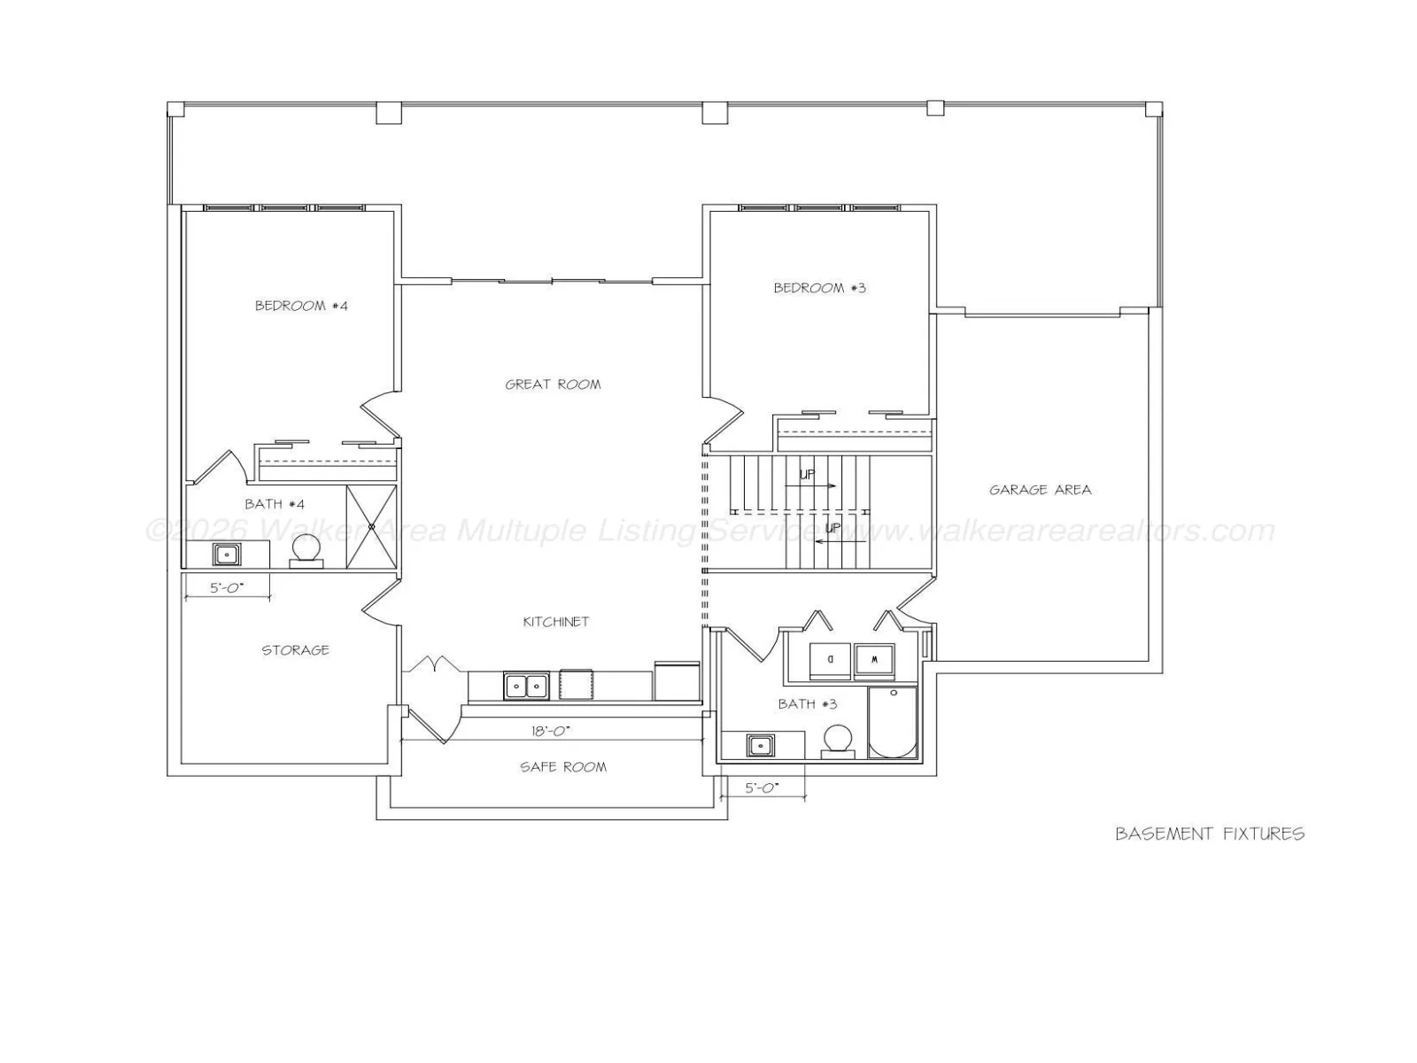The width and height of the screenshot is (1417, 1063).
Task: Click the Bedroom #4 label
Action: [301, 306]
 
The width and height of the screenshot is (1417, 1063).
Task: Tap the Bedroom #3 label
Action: [819, 288]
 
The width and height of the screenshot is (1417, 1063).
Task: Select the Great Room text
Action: [553, 384]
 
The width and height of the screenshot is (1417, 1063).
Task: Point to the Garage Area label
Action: [1040, 490]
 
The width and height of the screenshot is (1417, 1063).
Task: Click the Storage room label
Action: [295, 650]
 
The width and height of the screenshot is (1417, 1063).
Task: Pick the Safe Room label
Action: [563, 767]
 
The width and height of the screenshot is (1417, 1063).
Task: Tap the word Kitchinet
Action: [556, 622]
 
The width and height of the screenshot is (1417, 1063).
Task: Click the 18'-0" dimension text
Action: [551, 731]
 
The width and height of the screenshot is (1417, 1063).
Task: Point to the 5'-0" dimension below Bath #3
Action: [762, 788]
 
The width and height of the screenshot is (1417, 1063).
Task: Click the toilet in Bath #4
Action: [306, 552]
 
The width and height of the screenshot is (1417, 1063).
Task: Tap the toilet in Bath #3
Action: [838, 741]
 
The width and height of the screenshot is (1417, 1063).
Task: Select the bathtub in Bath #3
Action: [893, 722]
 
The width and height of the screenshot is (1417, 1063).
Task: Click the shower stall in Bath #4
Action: [371, 527]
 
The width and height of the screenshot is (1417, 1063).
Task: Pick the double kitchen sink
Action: [526, 686]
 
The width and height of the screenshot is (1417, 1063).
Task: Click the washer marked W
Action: [875, 662]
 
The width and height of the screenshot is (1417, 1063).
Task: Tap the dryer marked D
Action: [830, 661]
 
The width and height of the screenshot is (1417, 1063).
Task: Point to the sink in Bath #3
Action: [761, 746]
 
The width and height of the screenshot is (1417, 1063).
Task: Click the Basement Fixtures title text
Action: [1210, 834]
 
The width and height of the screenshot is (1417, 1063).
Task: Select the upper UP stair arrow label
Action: [807, 475]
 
